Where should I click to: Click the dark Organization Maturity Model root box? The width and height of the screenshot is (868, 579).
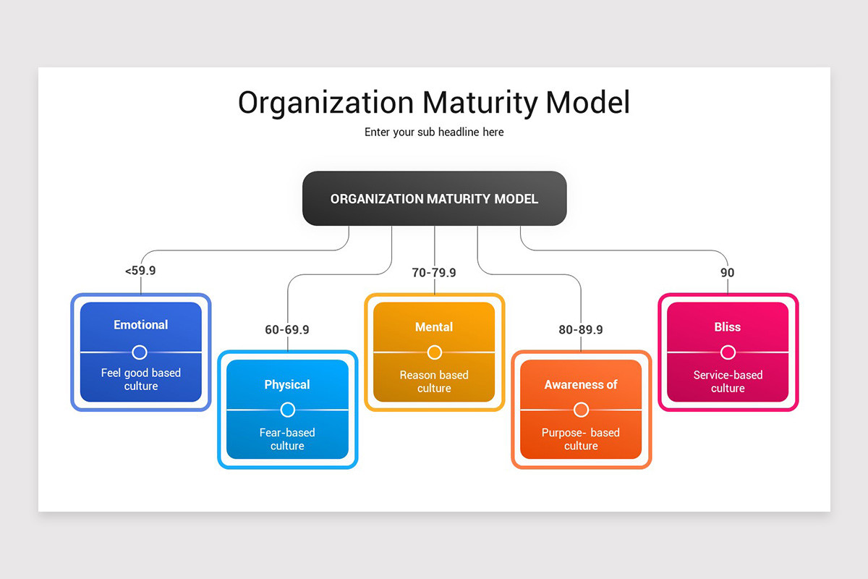point(434,198)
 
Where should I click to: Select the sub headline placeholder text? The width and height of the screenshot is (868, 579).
point(434,132)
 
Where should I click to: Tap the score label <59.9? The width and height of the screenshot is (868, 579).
point(140,271)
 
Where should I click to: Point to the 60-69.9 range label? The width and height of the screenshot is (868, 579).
point(287,329)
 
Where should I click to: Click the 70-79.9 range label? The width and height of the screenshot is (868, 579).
point(434,273)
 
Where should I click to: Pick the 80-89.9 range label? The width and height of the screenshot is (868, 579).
point(581,329)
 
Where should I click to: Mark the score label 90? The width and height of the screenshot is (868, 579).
point(727,273)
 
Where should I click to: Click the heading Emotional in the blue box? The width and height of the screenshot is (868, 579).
point(140,325)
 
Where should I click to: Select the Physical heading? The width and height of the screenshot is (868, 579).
point(287,384)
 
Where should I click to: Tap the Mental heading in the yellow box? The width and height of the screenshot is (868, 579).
point(434,327)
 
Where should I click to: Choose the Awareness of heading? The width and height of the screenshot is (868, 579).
point(581,384)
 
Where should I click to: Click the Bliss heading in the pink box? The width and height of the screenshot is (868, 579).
point(727,327)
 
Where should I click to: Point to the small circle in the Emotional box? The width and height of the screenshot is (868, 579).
point(140,352)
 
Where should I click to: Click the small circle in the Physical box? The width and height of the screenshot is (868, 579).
point(287,410)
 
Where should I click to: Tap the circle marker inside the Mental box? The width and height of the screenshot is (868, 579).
point(434,352)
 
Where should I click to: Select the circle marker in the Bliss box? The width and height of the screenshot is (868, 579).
point(728,352)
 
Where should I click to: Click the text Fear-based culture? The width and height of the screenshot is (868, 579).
point(287,439)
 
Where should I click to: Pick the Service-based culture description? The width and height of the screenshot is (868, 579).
point(728,381)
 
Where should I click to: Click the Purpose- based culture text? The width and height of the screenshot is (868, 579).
point(581,439)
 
